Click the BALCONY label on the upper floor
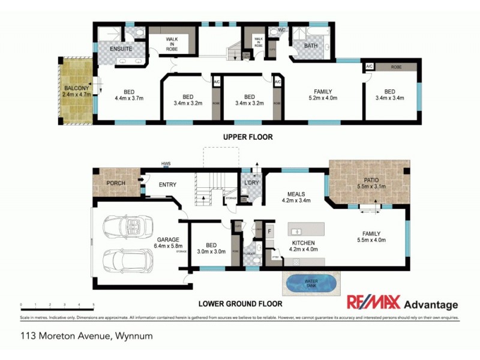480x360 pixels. coord(76,88)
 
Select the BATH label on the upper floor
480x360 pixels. coord(310,46)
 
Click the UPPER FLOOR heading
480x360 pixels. coord(248,137)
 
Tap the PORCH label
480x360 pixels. coord(115,183)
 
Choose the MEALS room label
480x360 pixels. coord(296,194)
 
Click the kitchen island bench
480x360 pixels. coord(306,230)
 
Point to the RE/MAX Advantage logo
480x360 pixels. coord(403,303)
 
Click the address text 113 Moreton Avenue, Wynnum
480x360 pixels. coord(86,336)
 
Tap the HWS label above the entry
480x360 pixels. coord(166,163)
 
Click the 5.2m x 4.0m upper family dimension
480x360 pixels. coord(323,98)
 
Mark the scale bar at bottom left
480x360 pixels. coord(57,305)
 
